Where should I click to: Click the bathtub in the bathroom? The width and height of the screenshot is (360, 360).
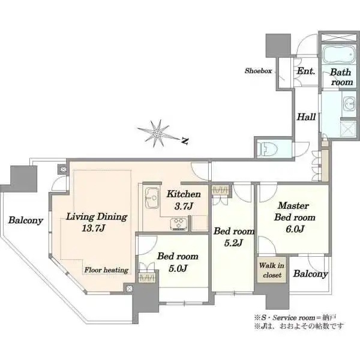(338, 54)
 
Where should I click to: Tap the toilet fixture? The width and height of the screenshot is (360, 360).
(267, 149)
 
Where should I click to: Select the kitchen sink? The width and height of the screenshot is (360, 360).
(152, 198)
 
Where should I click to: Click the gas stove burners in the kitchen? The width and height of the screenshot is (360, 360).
(179, 224)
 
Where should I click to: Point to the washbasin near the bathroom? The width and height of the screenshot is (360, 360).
(349, 104)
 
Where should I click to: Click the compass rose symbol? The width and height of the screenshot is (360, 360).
(157, 133)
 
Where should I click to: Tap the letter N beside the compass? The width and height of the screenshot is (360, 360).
(185, 141)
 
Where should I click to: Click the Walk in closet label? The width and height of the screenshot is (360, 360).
(272, 270)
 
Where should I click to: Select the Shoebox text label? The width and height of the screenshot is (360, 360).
(258, 71)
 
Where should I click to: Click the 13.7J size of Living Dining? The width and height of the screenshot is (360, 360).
(94, 228)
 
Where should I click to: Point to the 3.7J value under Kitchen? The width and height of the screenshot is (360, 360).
(184, 206)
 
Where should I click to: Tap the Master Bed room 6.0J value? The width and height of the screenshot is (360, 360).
(295, 229)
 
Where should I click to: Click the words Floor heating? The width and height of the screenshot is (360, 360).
(106, 270)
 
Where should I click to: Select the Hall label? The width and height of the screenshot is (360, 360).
(307, 117)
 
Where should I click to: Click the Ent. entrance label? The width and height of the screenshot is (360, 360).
(306, 71)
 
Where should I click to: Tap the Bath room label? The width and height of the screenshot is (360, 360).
(341, 77)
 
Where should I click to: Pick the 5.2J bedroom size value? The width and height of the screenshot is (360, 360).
(233, 243)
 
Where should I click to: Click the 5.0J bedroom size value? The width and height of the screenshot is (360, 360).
(178, 268)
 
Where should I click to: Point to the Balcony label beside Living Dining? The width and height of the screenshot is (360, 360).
(26, 220)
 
